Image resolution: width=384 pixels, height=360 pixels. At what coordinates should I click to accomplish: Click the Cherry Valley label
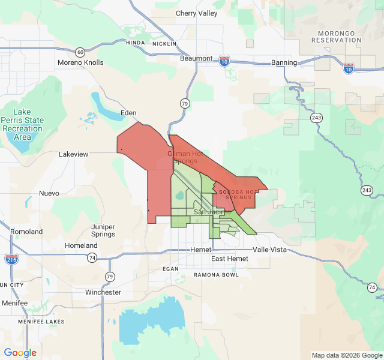pos(196,13)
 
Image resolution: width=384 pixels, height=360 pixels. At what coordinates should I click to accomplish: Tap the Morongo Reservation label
pos(336,36)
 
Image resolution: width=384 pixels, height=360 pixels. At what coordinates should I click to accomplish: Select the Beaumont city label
pos(196,58)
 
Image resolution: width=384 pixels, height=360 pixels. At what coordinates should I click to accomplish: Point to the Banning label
pos(284,62)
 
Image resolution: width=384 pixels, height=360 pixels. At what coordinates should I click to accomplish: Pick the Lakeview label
pos(73,154)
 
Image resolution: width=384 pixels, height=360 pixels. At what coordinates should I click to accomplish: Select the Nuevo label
pos(49,193)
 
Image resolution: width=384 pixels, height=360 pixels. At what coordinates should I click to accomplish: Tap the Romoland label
pos(26,232)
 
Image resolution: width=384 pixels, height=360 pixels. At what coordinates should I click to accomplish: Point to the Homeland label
pos(81,245)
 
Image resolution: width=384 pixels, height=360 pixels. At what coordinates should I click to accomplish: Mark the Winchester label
pos(103,292)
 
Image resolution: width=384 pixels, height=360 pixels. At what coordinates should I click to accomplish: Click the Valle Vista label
pos(269,249)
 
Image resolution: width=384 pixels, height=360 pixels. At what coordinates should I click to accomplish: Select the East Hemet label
pos(229,259)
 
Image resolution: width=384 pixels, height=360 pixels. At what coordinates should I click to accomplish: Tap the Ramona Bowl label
pos(216,274)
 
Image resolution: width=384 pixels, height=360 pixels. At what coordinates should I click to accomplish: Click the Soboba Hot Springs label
pos(238,194)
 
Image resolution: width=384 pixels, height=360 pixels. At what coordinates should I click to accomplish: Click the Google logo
pos(20,353)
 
